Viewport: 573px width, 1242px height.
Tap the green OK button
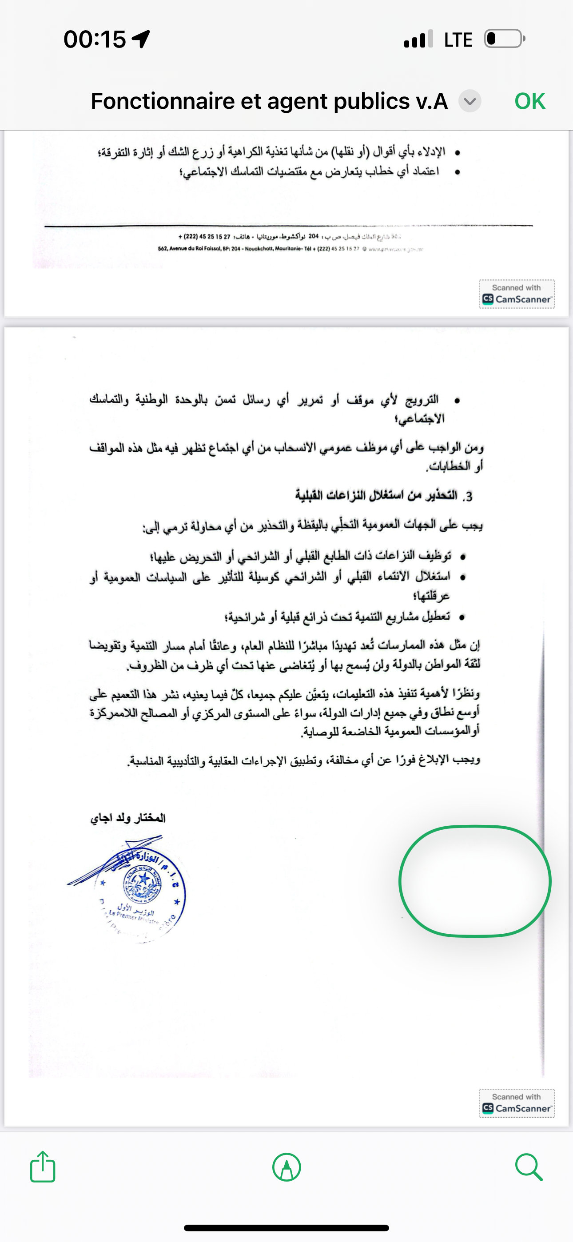coord(529,101)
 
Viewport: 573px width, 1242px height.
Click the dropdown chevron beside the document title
coord(470,101)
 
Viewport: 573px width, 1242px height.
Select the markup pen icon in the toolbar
coord(286,1167)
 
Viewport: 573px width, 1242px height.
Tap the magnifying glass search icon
coord(529,1167)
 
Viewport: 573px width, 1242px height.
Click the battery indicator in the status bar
coord(505,39)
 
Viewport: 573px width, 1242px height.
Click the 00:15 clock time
coord(95,39)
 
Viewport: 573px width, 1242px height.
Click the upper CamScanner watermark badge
coord(517,294)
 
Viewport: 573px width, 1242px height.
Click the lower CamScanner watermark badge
coord(517,1103)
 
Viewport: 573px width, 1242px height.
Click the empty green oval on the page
coord(474,881)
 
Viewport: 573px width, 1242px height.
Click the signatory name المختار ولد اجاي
coord(128,818)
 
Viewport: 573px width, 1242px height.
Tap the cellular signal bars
coord(418,40)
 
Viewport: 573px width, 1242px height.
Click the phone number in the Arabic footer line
coord(204,237)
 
